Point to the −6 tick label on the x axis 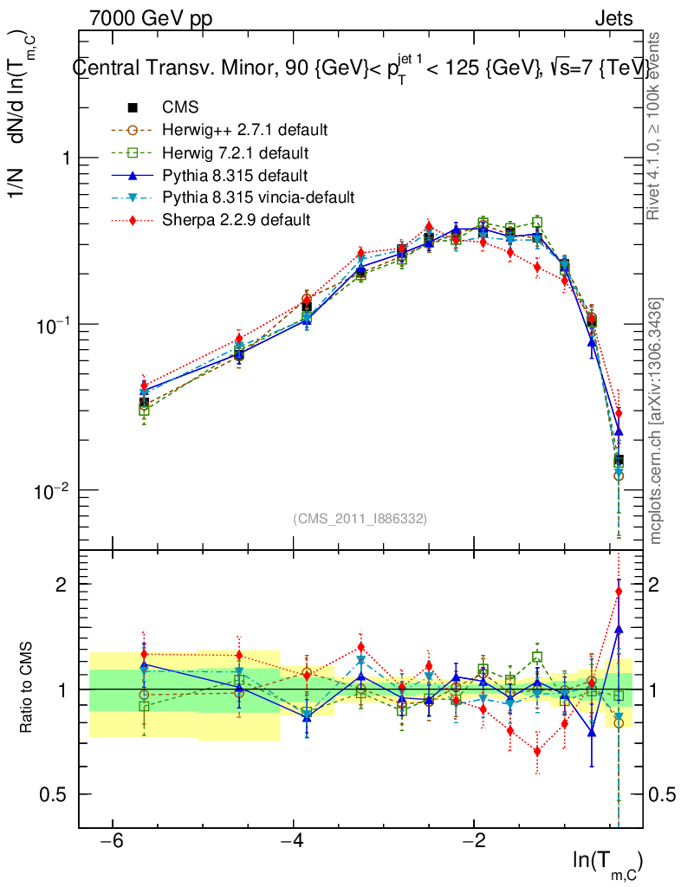click(111, 843)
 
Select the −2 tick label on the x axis click(473, 843)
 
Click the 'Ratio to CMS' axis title click(27, 689)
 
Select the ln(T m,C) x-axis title click(606, 863)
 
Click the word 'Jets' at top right click(613, 18)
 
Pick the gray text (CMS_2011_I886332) click(360, 518)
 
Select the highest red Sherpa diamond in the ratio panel click(619, 592)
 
